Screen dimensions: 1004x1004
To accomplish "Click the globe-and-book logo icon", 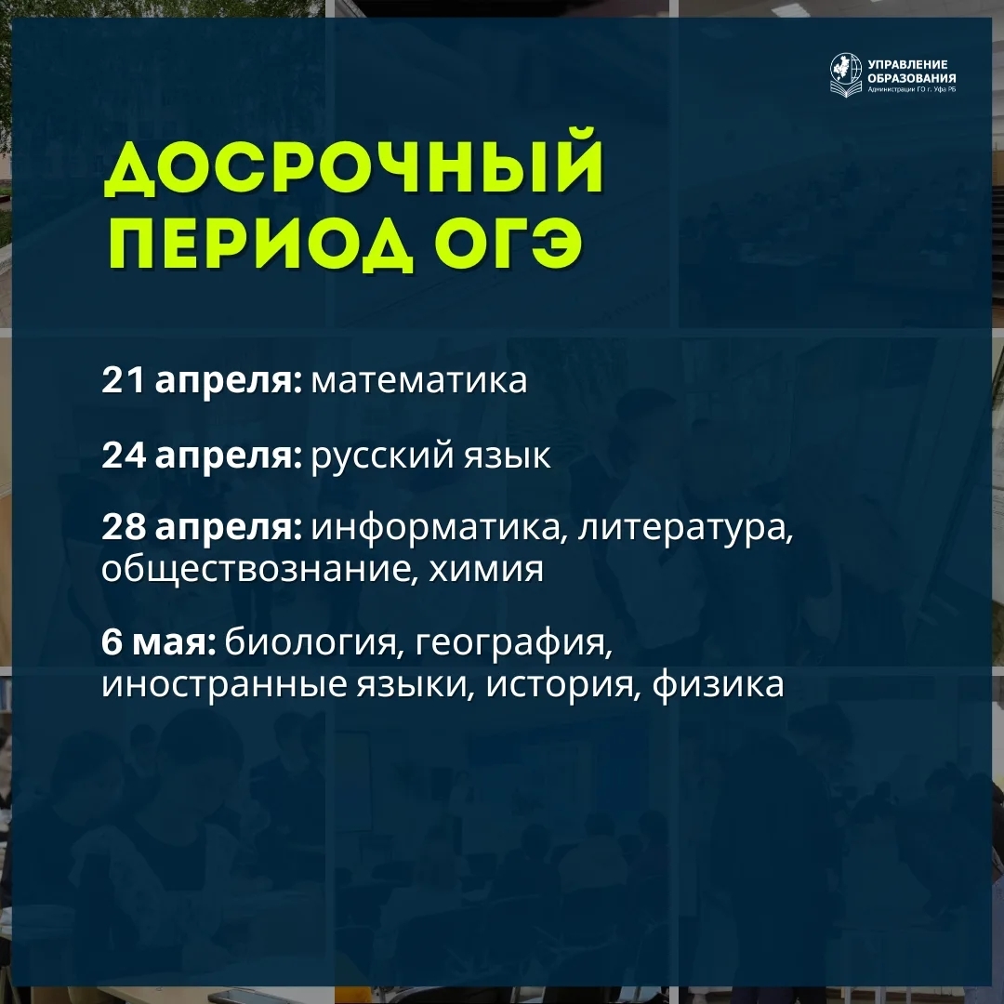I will [846, 73].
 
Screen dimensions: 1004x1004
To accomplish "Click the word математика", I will [419, 381].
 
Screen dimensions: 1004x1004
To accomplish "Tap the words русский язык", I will [430, 456].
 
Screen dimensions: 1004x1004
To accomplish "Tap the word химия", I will [486, 569].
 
